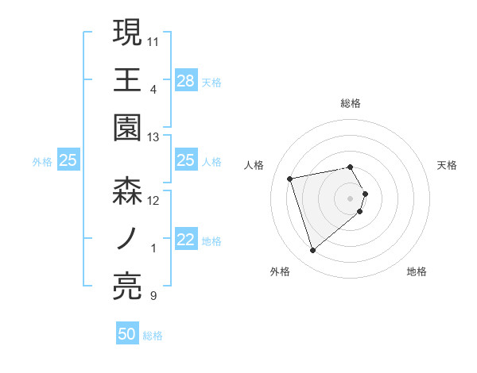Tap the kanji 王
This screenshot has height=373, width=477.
[127, 79]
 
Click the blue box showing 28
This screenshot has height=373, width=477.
[186, 80]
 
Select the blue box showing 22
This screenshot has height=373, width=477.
[186, 240]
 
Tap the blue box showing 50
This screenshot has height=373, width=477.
[127, 334]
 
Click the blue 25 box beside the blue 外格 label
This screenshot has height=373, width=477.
[68, 161]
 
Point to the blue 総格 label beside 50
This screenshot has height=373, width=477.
[153, 336]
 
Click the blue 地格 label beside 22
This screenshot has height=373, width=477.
[211, 241]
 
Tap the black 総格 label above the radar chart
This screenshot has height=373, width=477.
[351, 103]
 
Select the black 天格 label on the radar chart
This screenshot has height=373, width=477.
[448, 165]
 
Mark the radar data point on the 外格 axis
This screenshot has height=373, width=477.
[312, 250]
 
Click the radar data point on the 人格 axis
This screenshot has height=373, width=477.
[290, 178]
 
